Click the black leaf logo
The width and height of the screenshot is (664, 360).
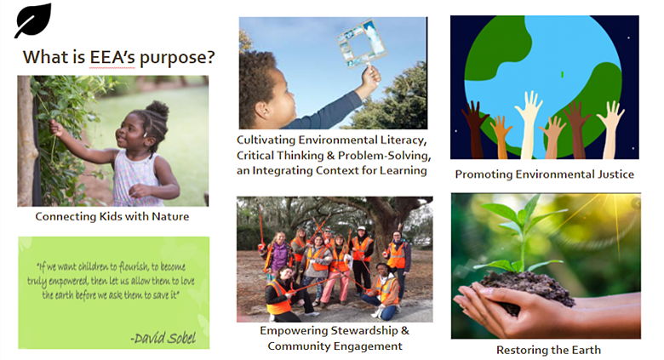[x=33, y=20]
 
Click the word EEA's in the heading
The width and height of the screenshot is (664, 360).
[x=112, y=57]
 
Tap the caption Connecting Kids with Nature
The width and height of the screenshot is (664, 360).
[x=112, y=216]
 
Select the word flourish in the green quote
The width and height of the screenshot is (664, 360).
[x=134, y=266]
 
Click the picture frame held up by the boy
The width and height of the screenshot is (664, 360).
[x=362, y=43]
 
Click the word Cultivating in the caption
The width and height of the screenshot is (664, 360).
[x=266, y=140]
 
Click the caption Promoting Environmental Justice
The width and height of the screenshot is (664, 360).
[x=544, y=174]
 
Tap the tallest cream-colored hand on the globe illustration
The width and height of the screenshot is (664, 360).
[x=529, y=125]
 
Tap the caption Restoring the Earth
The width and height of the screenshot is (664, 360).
[x=548, y=350]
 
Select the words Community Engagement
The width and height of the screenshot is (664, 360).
[x=335, y=346]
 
